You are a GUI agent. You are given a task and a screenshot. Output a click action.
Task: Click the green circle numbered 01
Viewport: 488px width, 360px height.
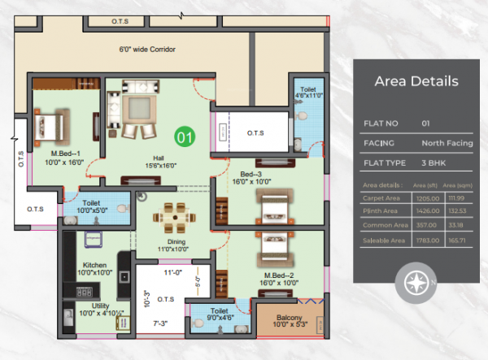[x=185, y=137]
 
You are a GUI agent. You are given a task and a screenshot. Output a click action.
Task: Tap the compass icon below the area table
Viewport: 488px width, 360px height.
[x=416, y=284]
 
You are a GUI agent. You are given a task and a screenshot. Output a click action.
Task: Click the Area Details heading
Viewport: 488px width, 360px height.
[x=416, y=81]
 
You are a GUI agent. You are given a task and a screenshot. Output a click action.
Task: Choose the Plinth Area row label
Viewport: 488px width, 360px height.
[x=381, y=211]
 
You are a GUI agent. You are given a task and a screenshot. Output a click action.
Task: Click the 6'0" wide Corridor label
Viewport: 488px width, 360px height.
[x=147, y=50]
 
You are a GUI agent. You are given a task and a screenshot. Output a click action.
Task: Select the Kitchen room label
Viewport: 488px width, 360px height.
[x=95, y=264]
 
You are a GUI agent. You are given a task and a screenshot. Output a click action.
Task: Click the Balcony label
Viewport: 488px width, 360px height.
[x=289, y=317]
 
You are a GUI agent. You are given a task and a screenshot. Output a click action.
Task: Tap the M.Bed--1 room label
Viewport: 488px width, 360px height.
[x=65, y=153]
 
